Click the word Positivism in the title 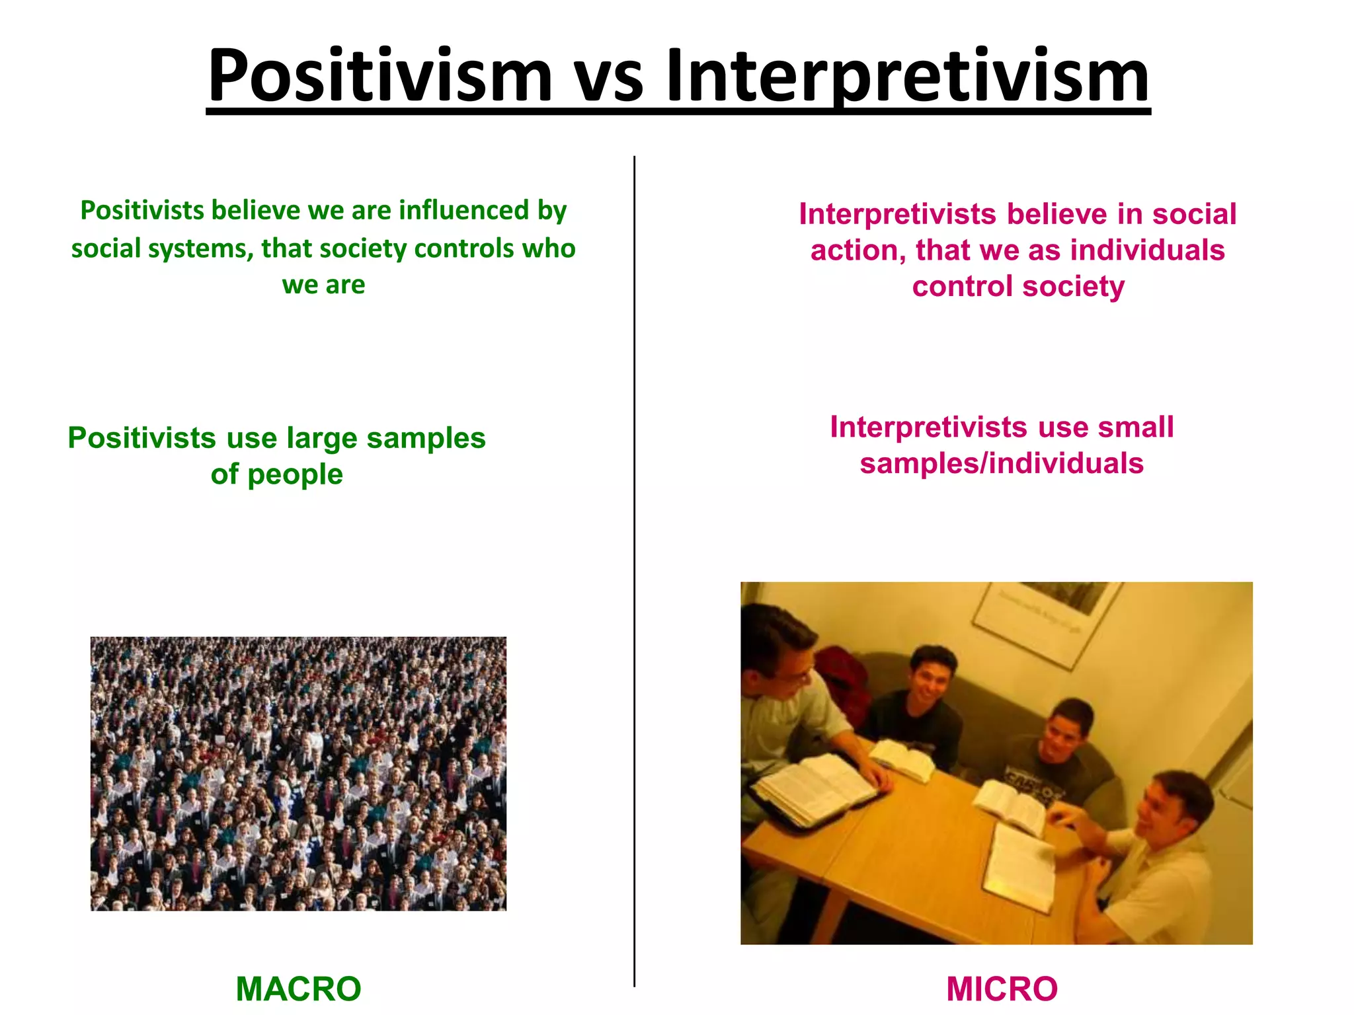(x=379, y=76)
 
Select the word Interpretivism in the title (x=908, y=76)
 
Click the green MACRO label (x=298, y=989)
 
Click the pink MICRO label (x=1002, y=989)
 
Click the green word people (x=295, y=475)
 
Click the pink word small (x=1136, y=428)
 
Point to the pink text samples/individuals (x=1001, y=464)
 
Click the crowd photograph (x=298, y=773)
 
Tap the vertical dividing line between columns (x=634, y=568)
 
